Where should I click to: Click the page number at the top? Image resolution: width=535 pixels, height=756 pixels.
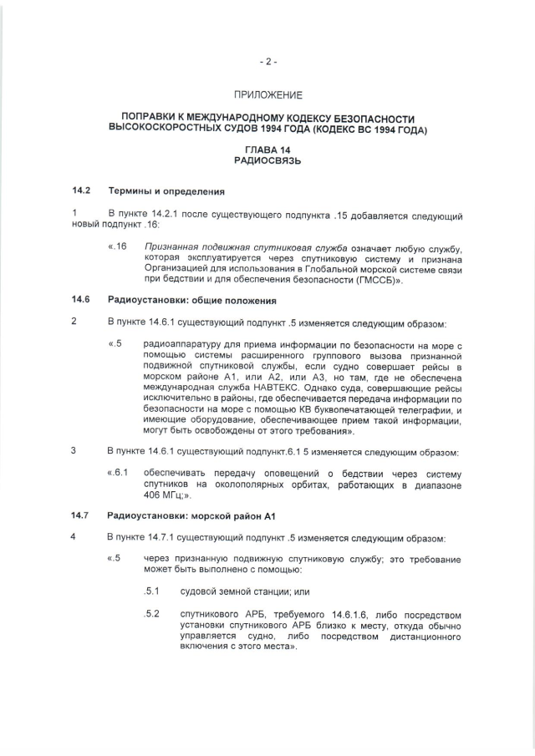[x=267, y=61]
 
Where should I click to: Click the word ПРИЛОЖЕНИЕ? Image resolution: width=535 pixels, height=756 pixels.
[x=267, y=96]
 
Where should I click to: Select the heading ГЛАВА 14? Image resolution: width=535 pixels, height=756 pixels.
[x=267, y=149]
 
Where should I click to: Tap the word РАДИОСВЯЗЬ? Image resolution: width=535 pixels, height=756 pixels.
[x=267, y=160]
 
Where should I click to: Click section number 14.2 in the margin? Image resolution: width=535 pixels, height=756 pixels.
[x=80, y=191]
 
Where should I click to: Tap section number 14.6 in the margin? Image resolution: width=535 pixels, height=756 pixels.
[x=80, y=300]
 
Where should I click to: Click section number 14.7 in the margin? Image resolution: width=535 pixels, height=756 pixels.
[x=80, y=516]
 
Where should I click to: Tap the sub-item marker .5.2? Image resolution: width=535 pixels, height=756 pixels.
[x=151, y=614]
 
